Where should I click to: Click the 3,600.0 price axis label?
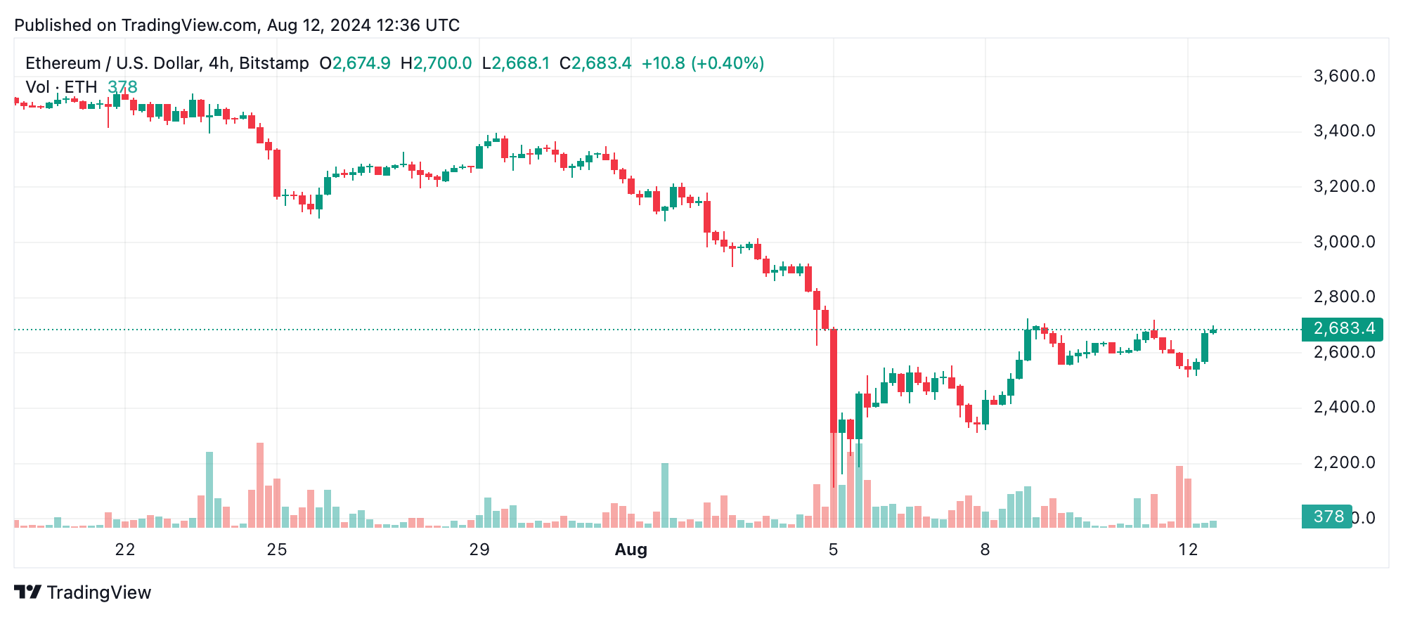click(x=1344, y=76)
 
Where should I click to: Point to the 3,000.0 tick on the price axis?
click(x=1344, y=242)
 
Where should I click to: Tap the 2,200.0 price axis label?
click(x=1344, y=462)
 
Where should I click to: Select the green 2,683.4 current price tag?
click(x=1342, y=328)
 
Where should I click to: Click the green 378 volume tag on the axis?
click(x=1327, y=517)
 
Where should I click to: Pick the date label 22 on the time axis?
click(x=125, y=550)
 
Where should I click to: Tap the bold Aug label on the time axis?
click(x=631, y=550)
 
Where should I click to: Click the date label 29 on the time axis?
click(x=479, y=550)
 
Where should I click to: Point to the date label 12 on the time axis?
click(x=1188, y=550)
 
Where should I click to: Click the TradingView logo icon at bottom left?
click(x=28, y=592)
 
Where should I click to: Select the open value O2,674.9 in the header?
click(x=355, y=63)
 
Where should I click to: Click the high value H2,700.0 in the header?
click(x=436, y=63)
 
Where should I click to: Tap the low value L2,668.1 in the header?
click(x=516, y=63)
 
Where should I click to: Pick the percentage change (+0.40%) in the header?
click(x=728, y=63)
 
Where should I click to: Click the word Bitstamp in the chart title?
click(x=274, y=63)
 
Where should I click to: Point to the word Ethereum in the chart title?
click(x=63, y=63)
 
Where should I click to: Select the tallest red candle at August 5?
click(x=834, y=379)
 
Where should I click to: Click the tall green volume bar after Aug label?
click(x=665, y=495)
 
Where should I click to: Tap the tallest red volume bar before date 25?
click(x=260, y=485)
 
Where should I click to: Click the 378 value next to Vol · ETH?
click(x=122, y=87)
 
